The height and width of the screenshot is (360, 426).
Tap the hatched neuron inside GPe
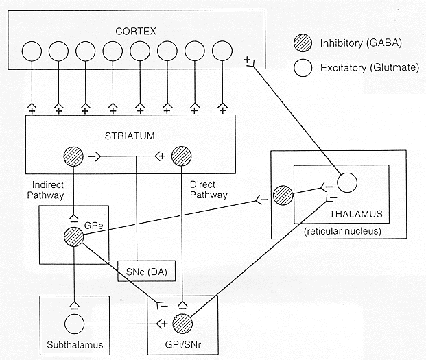[73, 237]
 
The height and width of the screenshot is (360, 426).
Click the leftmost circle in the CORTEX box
[31, 51]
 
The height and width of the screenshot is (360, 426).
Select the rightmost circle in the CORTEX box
[222, 51]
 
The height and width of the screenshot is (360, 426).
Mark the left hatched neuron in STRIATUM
[73, 156]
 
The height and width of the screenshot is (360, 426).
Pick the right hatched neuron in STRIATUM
[181, 156]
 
